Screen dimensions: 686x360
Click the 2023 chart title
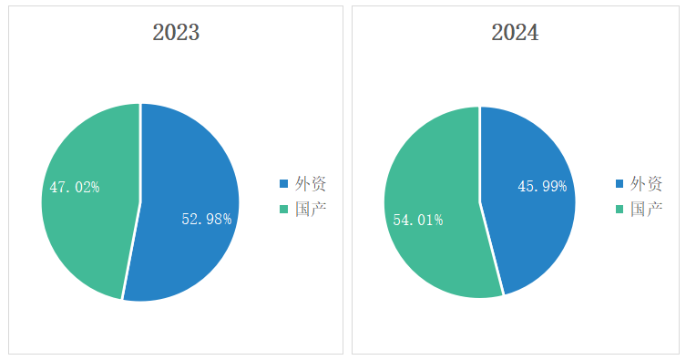click(x=176, y=33)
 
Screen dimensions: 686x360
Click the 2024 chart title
click(x=515, y=33)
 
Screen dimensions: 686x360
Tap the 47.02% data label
click(x=75, y=187)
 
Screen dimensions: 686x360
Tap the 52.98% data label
click(x=207, y=219)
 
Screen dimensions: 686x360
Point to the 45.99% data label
click(x=542, y=186)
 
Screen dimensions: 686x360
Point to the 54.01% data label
click(x=418, y=220)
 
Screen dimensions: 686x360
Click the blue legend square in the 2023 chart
click(x=284, y=183)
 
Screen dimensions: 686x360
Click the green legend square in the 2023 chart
click(x=284, y=209)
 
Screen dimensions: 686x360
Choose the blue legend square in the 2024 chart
click(x=619, y=183)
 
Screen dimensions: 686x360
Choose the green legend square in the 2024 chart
click(x=619, y=209)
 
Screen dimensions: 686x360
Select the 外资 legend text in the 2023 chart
click(x=311, y=184)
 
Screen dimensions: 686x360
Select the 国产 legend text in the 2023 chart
click(x=311, y=210)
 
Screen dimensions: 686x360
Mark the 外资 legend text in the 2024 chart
click(x=646, y=184)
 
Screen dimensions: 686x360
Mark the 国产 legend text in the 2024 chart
click(x=646, y=210)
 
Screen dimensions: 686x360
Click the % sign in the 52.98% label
click(x=227, y=219)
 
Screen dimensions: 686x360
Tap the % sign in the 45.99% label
click(x=563, y=186)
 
